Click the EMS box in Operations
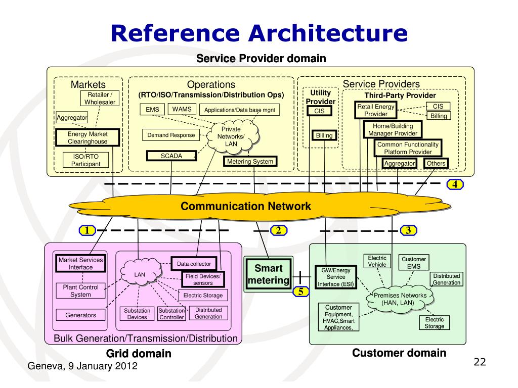(x=152, y=110)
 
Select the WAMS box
(x=182, y=109)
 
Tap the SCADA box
(x=171, y=156)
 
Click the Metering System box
(x=250, y=162)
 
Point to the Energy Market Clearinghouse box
(x=88, y=138)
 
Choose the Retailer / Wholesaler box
(x=100, y=99)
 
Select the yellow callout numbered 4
(x=455, y=184)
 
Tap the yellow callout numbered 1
(x=87, y=231)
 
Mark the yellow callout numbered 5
(x=300, y=291)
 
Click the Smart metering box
(x=268, y=274)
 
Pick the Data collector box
(x=193, y=264)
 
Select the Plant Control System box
(x=80, y=290)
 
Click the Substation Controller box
(x=171, y=314)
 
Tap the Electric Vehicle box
(x=377, y=261)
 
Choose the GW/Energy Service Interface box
(x=335, y=277)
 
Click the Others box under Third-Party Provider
(x=436, y=163)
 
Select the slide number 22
(x=479, y=362)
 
